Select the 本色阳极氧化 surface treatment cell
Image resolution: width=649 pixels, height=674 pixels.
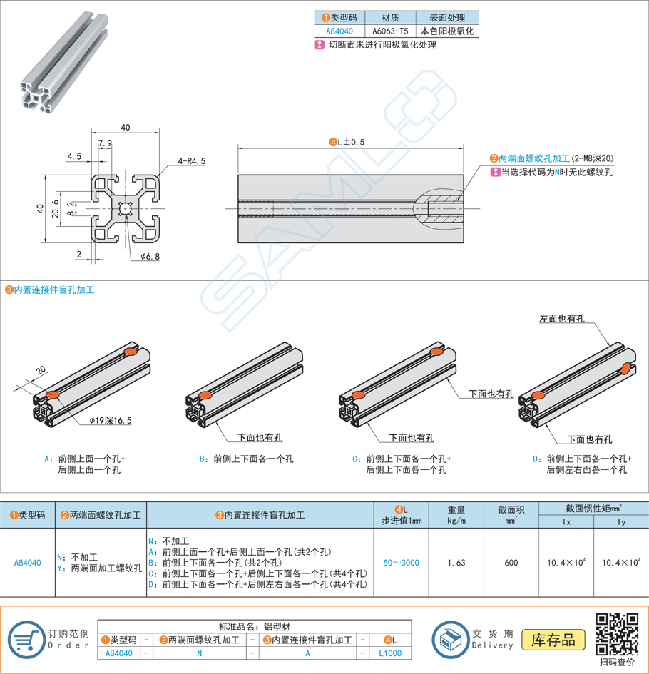click(447, 31)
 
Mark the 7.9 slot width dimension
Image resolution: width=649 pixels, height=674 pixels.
click(105, 144)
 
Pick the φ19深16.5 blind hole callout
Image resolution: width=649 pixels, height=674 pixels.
click(111, 421)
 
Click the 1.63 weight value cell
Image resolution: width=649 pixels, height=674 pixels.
click(456, 563)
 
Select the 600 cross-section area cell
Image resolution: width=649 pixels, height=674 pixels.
click(511, 563)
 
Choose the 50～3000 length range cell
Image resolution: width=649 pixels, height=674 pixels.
click(401, 563)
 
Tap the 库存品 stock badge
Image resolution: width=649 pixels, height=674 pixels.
click(553, 639)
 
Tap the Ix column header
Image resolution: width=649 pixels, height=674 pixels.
click(567, 521)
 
